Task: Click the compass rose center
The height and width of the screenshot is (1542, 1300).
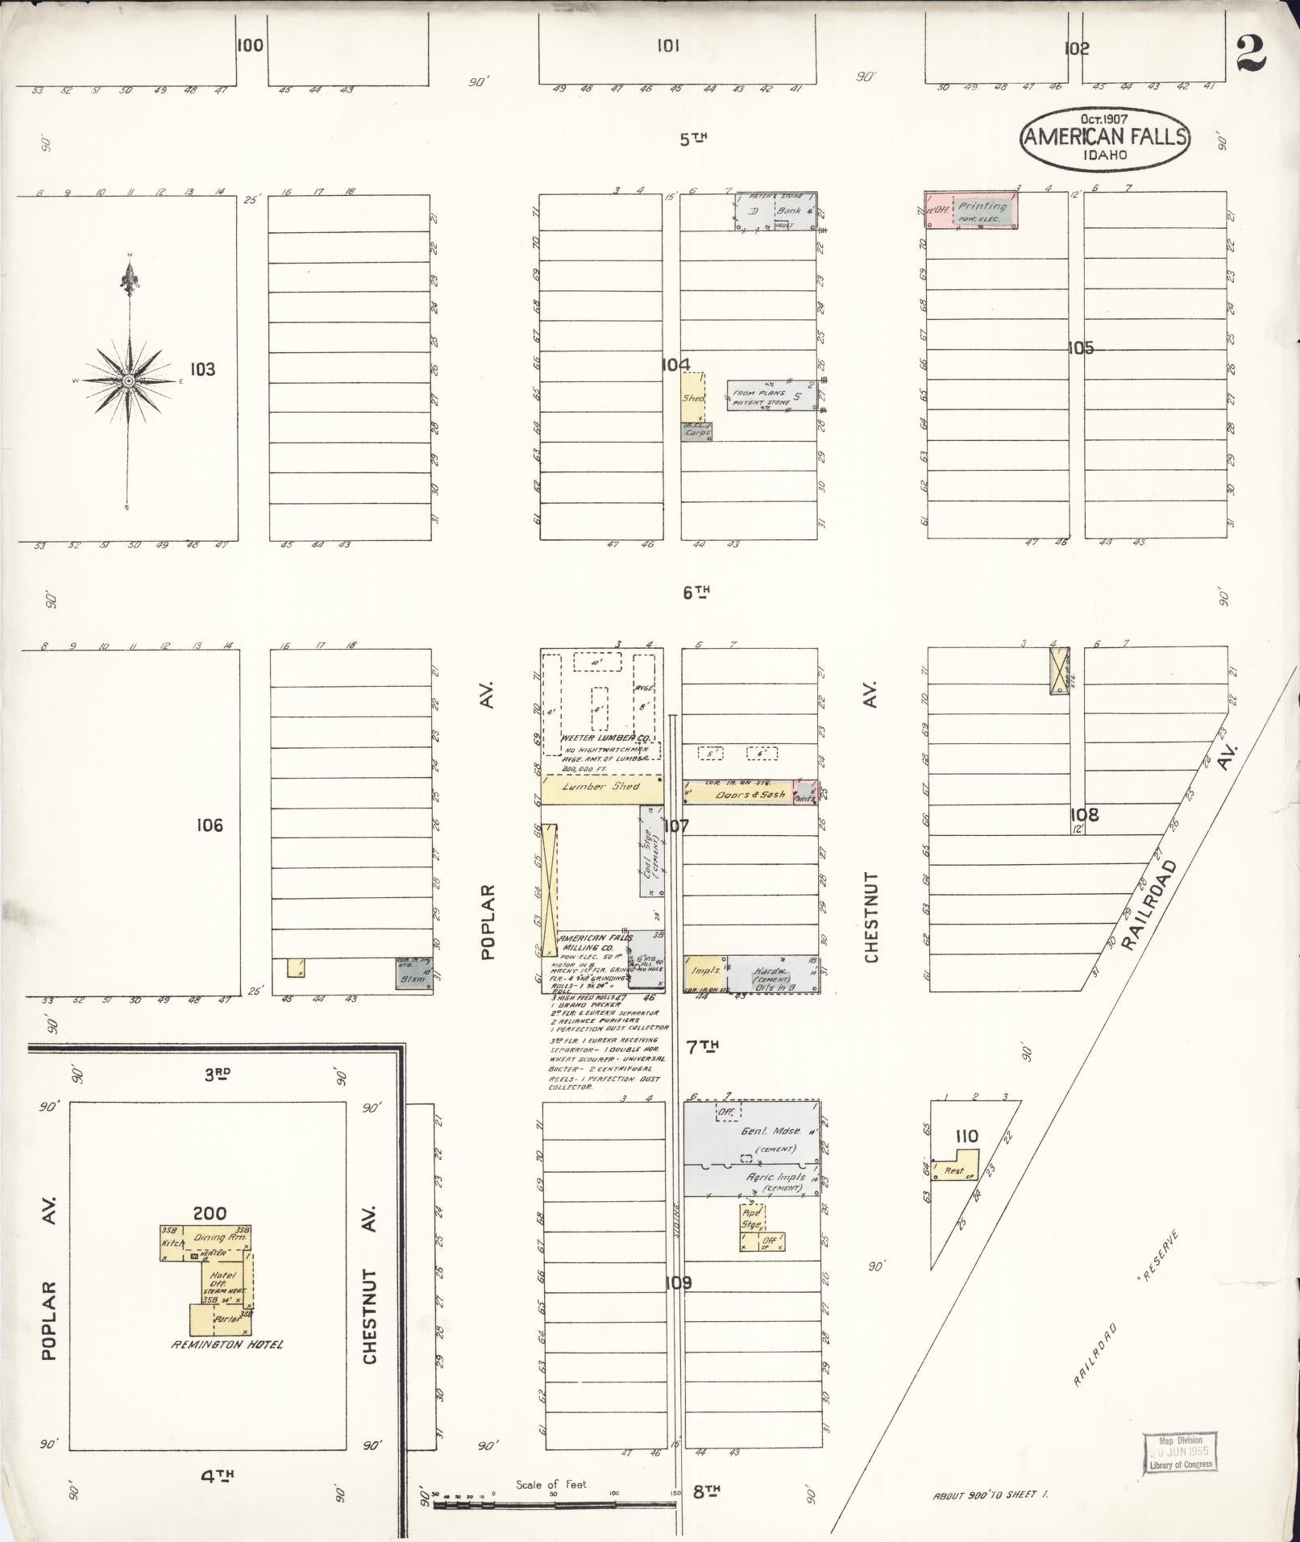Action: coord(128,380)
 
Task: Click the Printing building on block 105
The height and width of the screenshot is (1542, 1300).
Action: coord(982,211)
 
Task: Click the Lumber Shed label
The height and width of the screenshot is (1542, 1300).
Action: coord(601,787)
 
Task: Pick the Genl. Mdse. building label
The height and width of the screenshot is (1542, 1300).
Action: coord(771,1132)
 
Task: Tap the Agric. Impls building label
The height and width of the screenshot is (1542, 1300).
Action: coord(775,1178)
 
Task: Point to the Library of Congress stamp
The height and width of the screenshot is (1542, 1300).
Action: coord(1181,1452)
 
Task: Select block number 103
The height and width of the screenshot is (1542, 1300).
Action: coord(202,369)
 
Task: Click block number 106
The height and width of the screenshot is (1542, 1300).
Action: coord(209,825)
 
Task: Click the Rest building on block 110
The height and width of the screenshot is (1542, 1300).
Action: coord(956,1170)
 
